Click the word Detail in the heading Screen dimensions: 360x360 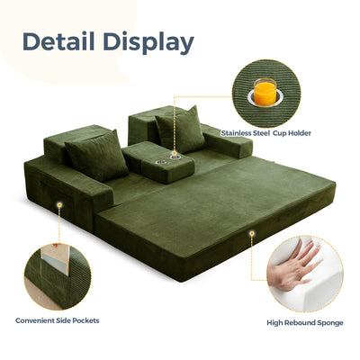click(x=58, y=41)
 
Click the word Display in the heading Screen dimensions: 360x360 click(x=148, y=43)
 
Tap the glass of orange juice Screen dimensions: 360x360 click(x=265, y=91)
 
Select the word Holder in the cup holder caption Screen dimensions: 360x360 click(x=300, y=133)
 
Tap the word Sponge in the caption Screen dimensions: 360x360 click(x=330, y=323)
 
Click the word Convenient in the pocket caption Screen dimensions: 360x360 click(x=35, y=320)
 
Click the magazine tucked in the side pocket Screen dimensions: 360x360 click(x=56, y=260)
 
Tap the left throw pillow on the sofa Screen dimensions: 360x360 click(x=96, y=156)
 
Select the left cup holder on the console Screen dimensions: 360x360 click(x=159, y=162)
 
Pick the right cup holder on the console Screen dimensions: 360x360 click(x=174, y=156)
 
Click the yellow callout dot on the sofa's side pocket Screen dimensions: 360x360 click(x=59, y=205)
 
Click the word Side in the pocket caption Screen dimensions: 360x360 click(x=63, y=320)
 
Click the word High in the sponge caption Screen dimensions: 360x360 click(x=274, y=323)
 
